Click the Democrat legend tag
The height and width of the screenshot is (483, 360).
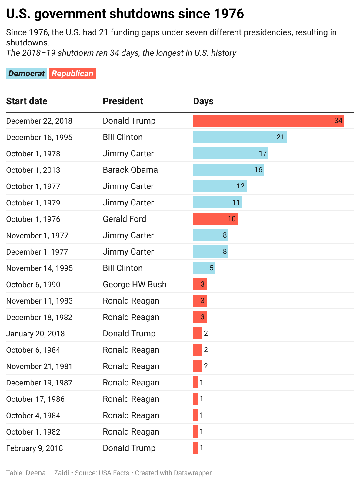27,73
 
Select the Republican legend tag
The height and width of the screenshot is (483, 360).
72,73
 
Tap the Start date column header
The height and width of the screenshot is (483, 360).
27,101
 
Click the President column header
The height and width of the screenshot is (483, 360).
123,101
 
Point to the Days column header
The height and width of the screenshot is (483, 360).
203,101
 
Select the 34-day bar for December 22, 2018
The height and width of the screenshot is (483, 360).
268,121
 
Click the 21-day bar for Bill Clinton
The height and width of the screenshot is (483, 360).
240,137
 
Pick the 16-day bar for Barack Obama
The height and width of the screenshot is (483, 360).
228,170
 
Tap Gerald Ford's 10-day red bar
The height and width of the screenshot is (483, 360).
215,219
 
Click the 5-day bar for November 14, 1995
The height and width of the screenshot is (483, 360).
204,268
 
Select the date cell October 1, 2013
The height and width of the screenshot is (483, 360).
33,170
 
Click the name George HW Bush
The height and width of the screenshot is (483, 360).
135,285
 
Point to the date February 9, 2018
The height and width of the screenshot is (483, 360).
35,448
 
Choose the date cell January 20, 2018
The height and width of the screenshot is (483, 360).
35,334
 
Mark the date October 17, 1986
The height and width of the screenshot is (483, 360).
35,399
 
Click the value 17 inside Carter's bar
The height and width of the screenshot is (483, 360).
263,153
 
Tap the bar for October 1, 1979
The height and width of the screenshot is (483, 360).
217,202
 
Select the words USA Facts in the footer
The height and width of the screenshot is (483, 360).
114,473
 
